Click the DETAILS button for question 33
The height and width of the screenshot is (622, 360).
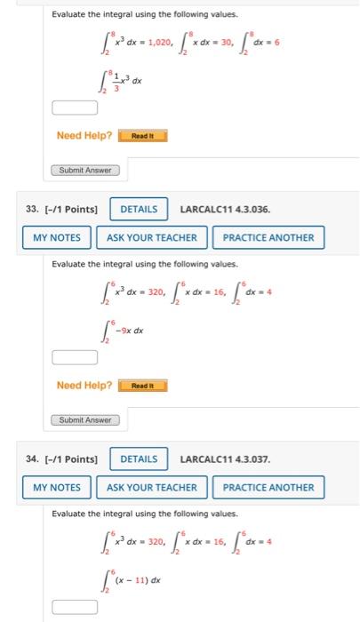[x=138, y=210]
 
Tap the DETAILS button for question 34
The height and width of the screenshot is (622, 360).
[x=138, y=459]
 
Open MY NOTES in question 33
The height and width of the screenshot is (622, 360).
[x=57, y=237]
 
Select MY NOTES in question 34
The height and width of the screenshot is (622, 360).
[x=57, y=487]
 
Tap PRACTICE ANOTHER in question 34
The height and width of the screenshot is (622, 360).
[x=268, y=487]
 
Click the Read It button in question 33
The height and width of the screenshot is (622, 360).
[x=142, y=386]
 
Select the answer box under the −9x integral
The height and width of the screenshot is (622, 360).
[x=75, y=358]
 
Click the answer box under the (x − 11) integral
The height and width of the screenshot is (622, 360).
[x=75, y=607]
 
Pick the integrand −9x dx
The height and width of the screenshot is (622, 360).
[x=131, y=331]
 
